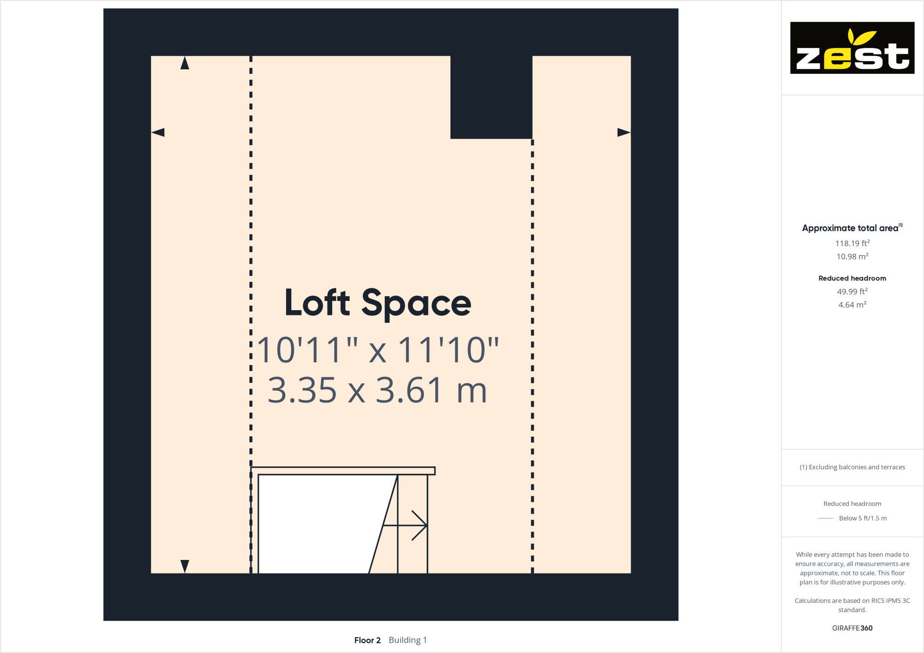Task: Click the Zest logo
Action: coord(852,48)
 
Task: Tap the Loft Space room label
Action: coord(378,303)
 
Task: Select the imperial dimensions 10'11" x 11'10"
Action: coord(378,350)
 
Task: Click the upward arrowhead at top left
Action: coord(185,63)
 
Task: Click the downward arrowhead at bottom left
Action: coord(185,566)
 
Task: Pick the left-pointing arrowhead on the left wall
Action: coord(158,133)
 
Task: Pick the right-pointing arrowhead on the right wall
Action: coord(623,133)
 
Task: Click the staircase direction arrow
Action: coord(409,526)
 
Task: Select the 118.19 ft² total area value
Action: coord(852,243)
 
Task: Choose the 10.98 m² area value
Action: coord(852,257)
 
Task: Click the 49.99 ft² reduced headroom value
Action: coord(852,292)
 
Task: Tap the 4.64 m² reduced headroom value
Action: coord(852,305)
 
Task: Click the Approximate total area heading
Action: coord(850,228)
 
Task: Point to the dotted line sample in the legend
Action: coord(826,518)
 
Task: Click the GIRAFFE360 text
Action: coord(852,628)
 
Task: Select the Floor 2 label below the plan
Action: coord(367,640)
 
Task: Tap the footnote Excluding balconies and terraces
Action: coord(852,467)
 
